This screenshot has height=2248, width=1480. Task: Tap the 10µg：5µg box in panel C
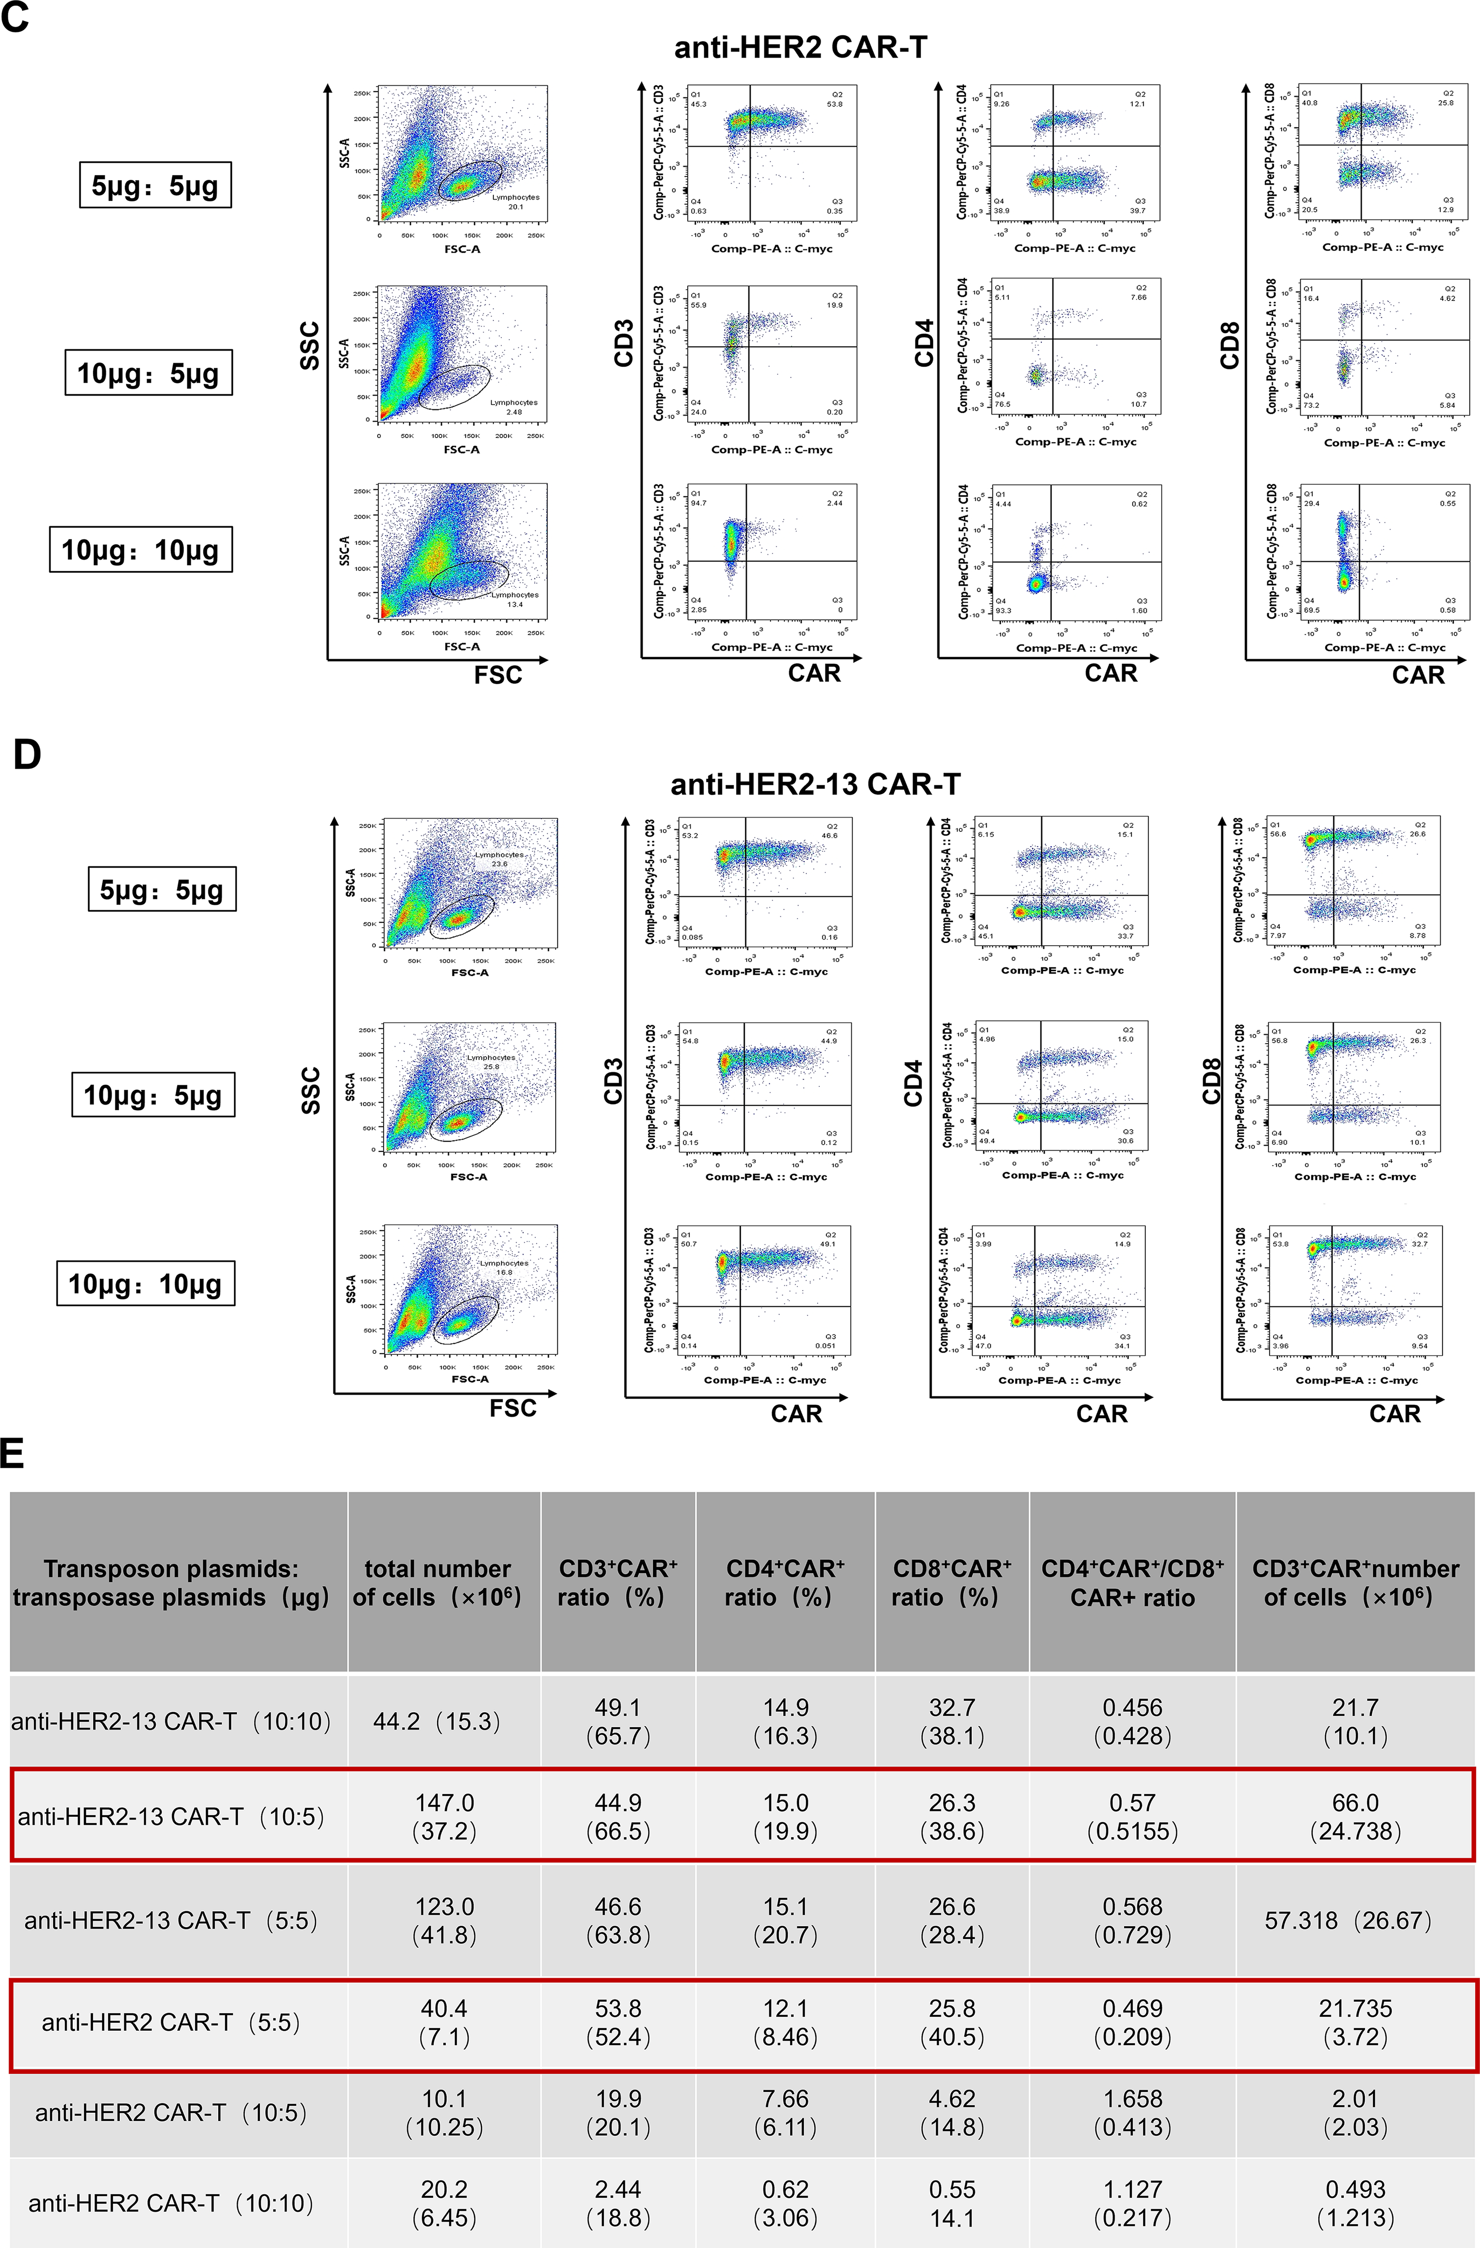click(149, 373)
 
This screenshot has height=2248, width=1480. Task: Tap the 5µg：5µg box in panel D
click(161, 890)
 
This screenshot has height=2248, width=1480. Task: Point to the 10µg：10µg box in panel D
click(145, 1284)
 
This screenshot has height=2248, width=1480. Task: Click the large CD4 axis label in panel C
click(924, 343)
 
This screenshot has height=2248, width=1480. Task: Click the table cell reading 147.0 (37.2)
click(444, 1816)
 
